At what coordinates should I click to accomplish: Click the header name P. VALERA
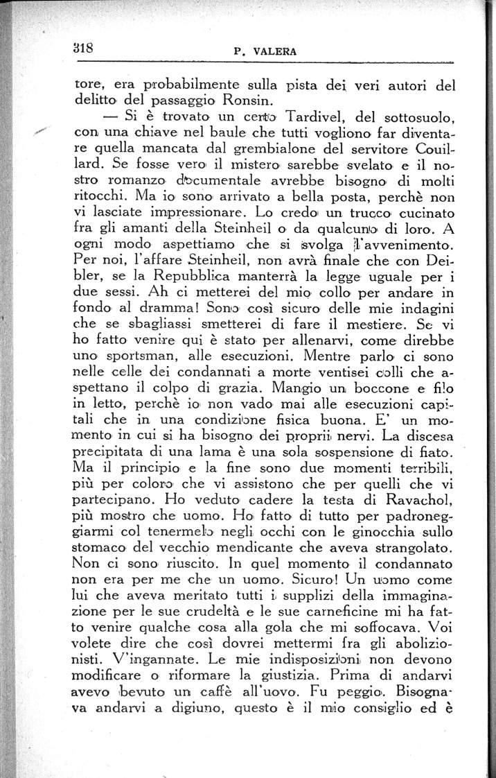(266, 51)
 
